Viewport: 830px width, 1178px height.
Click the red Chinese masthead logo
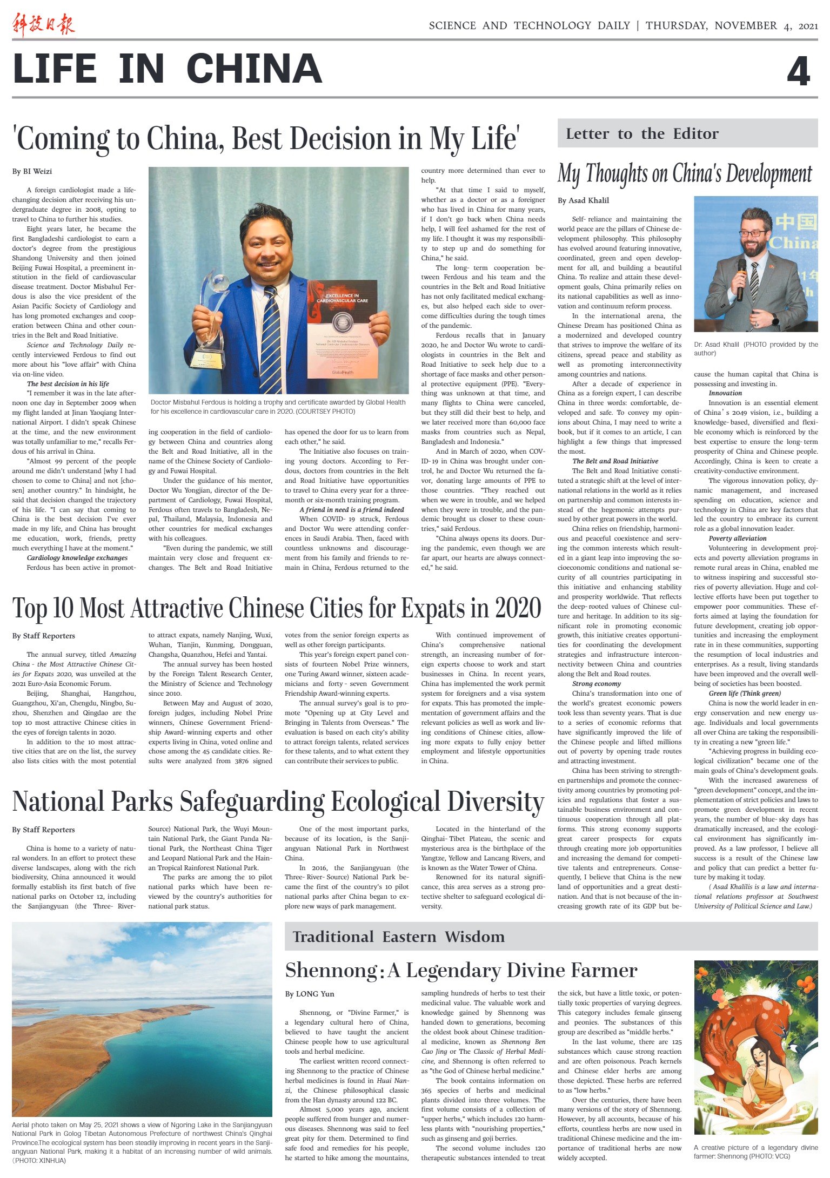coord(43,25)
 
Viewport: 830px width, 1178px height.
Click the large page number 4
coord(798,71)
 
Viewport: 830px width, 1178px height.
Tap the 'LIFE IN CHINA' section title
coord(168,69)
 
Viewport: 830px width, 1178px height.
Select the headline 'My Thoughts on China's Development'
coord(685,174)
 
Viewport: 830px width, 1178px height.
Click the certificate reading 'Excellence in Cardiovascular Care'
coord(342,329)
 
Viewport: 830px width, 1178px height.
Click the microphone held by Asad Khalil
coord(741,278)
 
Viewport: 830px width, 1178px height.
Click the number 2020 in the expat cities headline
coord(518,608)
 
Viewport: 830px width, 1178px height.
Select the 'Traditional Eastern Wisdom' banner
coord(398,937)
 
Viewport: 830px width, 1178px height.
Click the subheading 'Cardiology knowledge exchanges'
coord(77,558)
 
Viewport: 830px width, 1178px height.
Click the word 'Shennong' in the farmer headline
coord(331,971)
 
